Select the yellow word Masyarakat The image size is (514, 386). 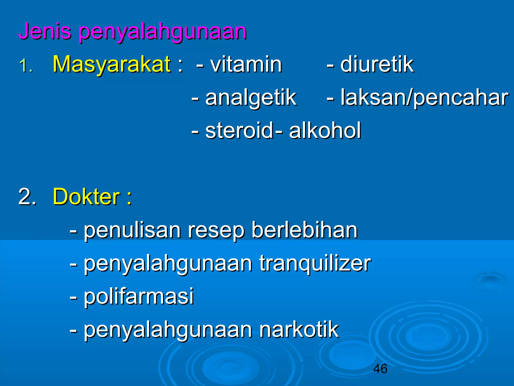[x=111, y=64]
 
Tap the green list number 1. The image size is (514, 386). [x=26, y=66]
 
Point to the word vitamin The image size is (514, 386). [x=246, y=64]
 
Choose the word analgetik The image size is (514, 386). [x=251, y=98]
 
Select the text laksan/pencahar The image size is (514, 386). [x=424, y=98]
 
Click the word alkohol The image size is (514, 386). [x=325, y=130]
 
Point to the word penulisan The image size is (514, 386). [x=132, y=230]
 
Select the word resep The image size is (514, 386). [x=216, y=231]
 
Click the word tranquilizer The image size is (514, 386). [x=315, y=264]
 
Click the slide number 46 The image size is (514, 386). [x=380, y=369]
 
